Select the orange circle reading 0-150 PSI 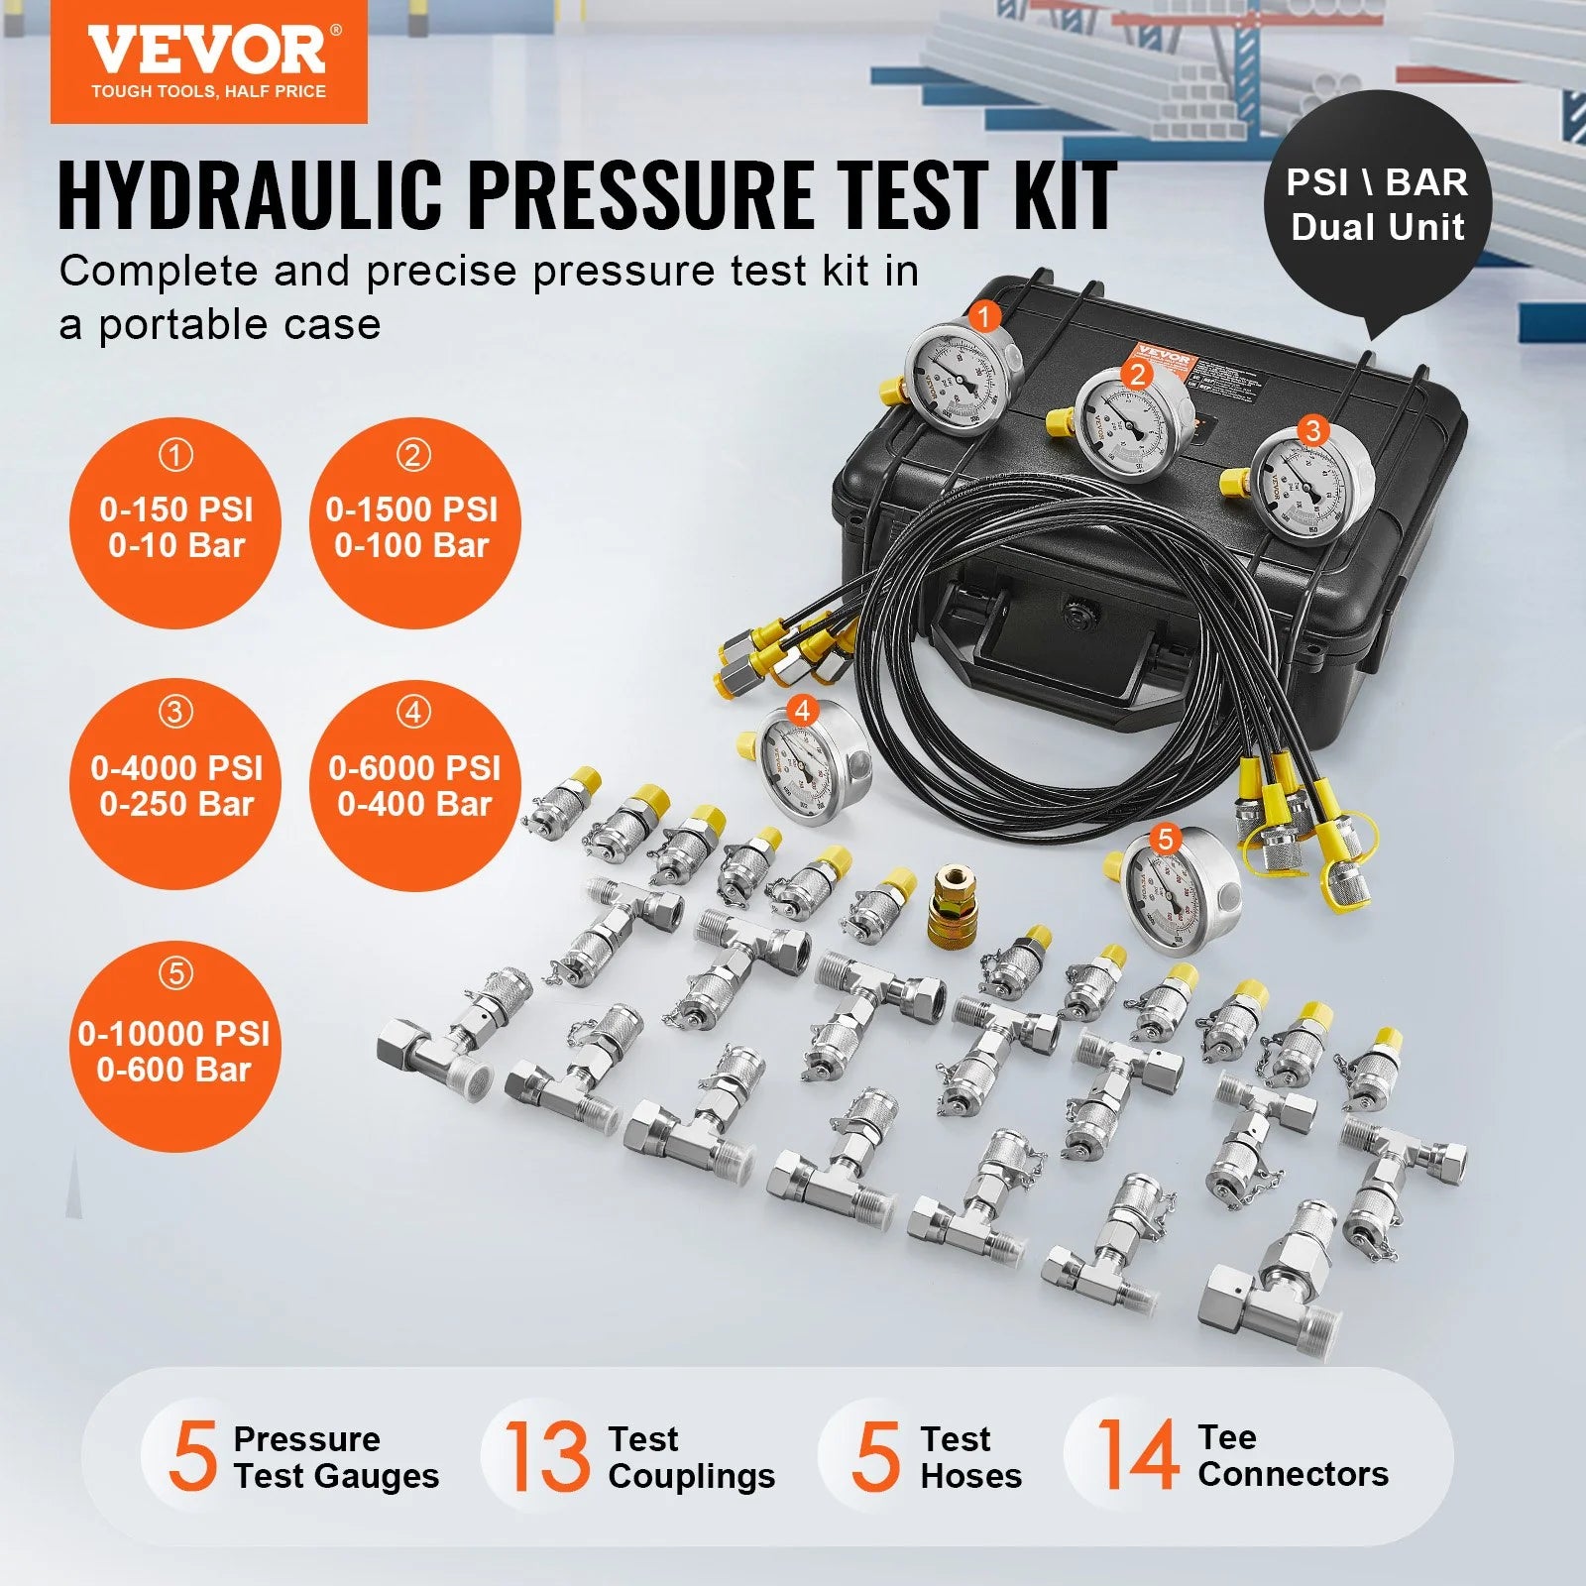pyautogui.click(x=175, y=523)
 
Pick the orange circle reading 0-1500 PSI pyautogui.click(x=412, y=523)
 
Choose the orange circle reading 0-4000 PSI pyautogui.click(x=175, y=783)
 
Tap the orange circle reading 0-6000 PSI pyautogui.click(x=414, y=783)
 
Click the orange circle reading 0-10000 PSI pyautogui.click(x=174, y=1048)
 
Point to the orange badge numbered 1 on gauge pyautogui.click(x=983, y=317)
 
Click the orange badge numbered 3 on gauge pyautogui.click(x=1312, y=430)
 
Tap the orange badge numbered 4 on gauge pyautogui.click(x=802, y=711)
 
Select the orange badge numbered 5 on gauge pyautogui.click(x=1165, y=840)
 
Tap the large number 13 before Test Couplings pyautogui.click(x=547, y=1455)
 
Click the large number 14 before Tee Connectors pyautogui.click(x=1137, y=1454)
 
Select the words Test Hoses pyautogui.click(x=969, y=1456)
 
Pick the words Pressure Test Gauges pyautogui.click(x=335, y=1456)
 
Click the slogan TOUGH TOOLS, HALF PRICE pyautogui.click(x=208, y=91)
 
